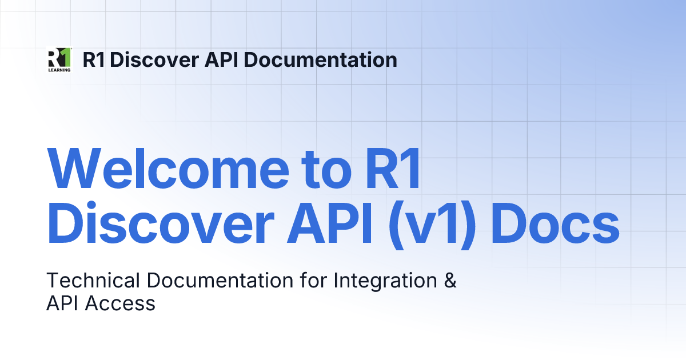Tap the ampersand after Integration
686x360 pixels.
point(450,281)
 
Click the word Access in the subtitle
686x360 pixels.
point(120,303)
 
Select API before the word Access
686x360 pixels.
point(63,303)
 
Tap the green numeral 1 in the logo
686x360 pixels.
point(65,57)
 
